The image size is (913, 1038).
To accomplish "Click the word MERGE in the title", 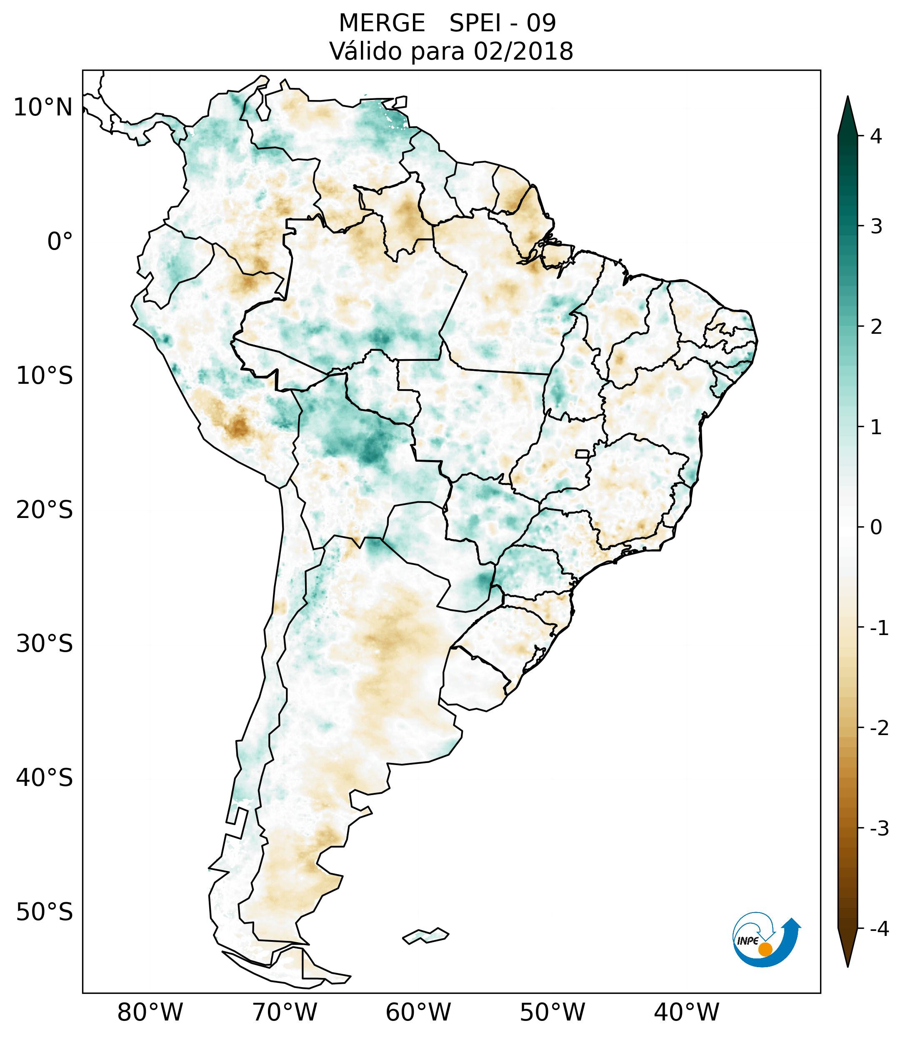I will (381, 23).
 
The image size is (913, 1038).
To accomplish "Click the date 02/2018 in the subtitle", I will (523, 51).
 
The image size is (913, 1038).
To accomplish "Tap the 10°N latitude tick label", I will (43, 108).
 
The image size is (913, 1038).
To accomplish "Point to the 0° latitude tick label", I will (60, 242).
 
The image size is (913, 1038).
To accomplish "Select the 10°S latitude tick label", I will (45, 376).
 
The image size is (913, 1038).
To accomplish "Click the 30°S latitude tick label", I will (45, 644).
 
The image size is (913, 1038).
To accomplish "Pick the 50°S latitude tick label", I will (45, 913).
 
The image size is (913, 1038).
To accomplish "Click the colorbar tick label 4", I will (876, 136).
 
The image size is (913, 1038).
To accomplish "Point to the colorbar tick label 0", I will (876, 528).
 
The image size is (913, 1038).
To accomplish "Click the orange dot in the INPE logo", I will (765, 949).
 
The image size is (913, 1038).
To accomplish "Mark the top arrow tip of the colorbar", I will (847, 97).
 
